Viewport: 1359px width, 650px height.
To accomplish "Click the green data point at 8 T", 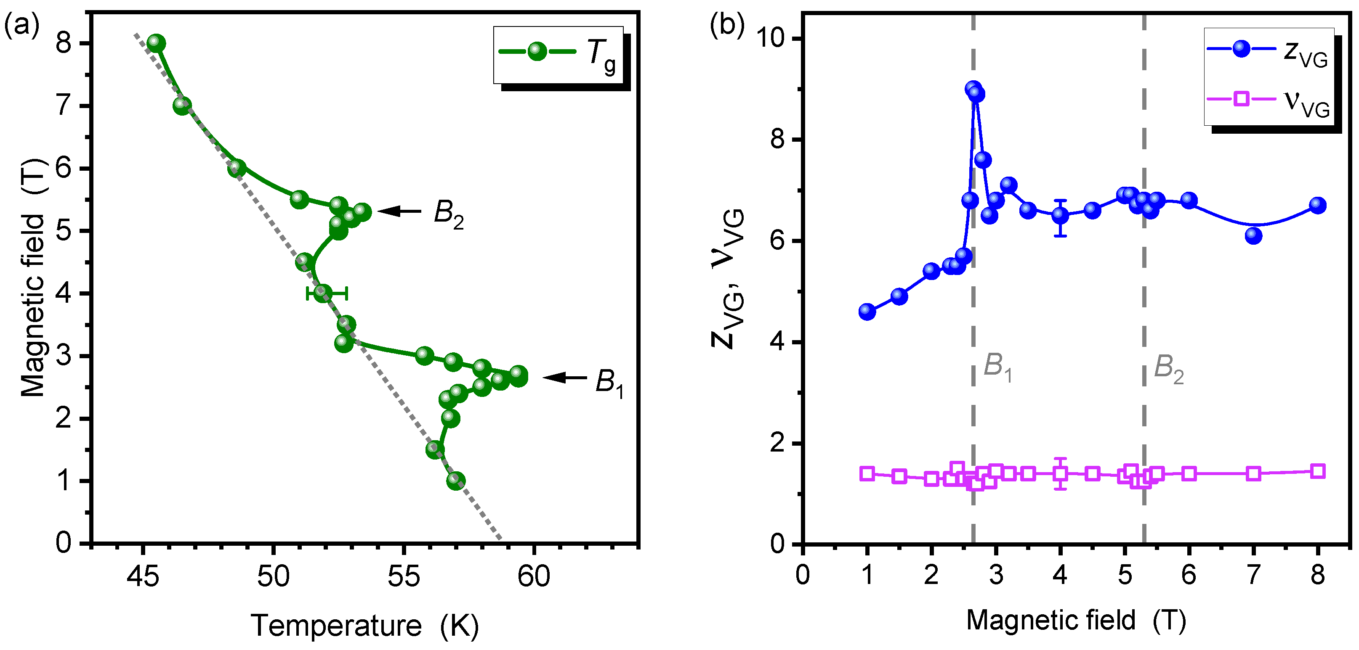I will pos(156,43).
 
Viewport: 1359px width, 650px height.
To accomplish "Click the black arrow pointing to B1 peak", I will pos(564,378).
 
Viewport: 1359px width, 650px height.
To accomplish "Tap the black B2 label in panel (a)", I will pos(448,214).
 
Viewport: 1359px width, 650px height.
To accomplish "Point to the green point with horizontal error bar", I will pos(323,293).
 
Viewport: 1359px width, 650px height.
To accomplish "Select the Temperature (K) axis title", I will pos(364,626).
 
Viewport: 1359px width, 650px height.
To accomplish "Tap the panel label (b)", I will pos(727,24).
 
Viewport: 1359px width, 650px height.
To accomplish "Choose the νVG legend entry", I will pos(1269,100).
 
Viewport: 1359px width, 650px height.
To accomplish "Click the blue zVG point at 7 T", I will pos(1253,235).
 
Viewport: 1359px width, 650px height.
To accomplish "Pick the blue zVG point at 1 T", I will pos(867,312).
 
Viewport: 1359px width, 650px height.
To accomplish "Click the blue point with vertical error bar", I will pos(1061,216).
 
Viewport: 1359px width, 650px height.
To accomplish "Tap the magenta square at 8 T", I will pos(1318,471).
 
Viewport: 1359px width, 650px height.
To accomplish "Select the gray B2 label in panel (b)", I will pos(1168,368).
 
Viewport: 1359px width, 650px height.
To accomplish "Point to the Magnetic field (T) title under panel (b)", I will pos(1076,621).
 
